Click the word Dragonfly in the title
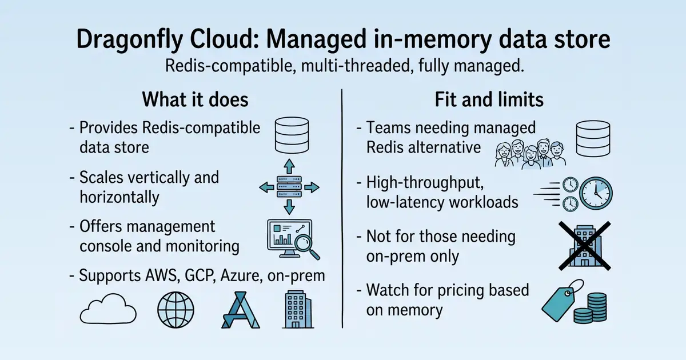[x=129, y=40]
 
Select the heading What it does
[x=195, y=99]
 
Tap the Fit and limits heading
[x=489, y=99]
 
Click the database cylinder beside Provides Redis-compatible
[x=292, y=135]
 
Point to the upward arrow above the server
[x=289, y=166]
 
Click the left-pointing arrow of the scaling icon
[x=267, y=187]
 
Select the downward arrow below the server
[x=289, y=207]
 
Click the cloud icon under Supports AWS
[x=108, y=309]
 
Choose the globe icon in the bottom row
[x=176, y=310]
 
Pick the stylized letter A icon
[x=241, y=310]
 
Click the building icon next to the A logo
[x=298, y=310]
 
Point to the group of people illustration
[x=530, y=154]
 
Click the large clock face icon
[x=596, y=193]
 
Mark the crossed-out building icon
[x=585, y=246]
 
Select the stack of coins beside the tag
[x=590, y=308]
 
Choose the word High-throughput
[x=425, y=183]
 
